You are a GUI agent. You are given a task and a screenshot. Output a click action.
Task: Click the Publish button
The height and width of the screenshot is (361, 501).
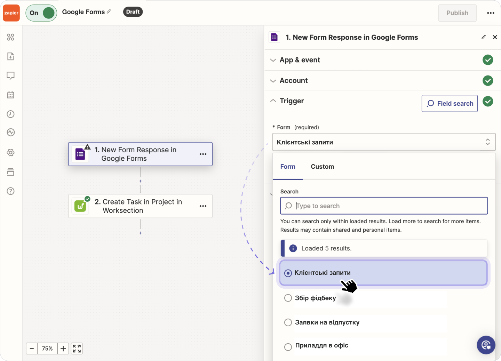point(457,13)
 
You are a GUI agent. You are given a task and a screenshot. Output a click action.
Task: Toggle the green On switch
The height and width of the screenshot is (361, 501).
point(41,13)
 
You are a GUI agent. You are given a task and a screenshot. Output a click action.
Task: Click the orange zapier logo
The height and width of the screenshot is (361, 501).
point(11,13)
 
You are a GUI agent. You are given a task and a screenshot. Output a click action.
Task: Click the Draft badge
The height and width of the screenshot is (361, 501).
point(133,12)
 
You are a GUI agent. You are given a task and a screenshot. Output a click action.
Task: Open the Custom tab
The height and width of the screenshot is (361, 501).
point(322,167)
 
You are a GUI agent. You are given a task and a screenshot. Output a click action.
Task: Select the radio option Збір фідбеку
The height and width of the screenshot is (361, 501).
point(288,298)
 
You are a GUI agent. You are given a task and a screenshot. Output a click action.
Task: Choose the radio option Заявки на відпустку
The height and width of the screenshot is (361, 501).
point(288,322)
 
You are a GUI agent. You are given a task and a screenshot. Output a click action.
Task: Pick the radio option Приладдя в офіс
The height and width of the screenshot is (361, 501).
point(288,347)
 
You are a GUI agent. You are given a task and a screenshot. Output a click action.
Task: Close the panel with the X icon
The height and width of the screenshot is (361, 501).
point(495,37)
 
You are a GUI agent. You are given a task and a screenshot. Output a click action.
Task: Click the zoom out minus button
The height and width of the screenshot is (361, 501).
point(32,348)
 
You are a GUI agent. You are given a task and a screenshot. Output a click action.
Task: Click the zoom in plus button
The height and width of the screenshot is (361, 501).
point(63,348)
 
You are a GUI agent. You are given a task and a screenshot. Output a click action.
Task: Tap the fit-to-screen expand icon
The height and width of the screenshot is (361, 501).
point(77,348)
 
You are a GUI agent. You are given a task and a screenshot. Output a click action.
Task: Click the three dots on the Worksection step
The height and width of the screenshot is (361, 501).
point(203,206)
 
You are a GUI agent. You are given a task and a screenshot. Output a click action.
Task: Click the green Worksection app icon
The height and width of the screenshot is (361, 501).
point(80,206)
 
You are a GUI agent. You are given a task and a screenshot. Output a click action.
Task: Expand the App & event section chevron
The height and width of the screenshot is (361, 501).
point(273,60)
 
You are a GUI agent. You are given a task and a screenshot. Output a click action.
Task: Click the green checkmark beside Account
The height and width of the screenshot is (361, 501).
point(488,81)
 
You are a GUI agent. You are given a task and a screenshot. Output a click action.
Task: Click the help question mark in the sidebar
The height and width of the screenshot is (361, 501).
point(11,191)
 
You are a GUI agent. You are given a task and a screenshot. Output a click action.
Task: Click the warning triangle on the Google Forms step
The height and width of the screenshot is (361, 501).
point(87,147)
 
